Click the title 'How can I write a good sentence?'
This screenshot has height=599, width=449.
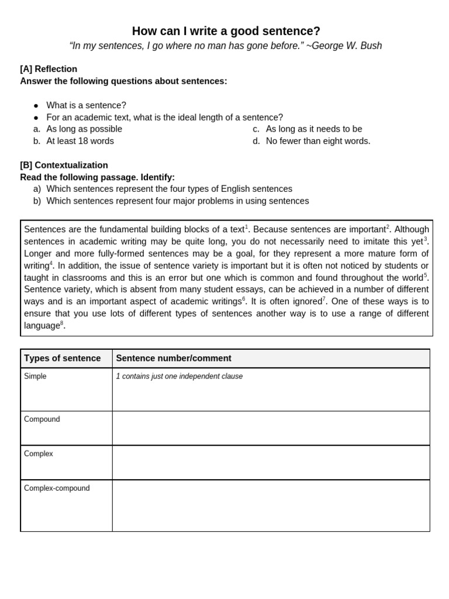click(226, 31)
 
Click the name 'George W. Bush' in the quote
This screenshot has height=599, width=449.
click(347, 46)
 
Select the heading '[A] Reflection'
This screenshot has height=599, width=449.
click(49, 69)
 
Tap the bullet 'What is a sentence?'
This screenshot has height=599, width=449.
click(86, 105)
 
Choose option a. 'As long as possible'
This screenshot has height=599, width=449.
click(84, 129)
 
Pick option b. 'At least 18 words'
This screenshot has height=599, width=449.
click(80, 141)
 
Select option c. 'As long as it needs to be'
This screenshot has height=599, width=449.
click(313, 129)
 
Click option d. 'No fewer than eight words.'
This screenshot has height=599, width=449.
click(317, 141)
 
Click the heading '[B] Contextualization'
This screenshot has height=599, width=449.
click(64, 166)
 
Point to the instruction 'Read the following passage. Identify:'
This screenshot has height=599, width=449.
click(97, 177)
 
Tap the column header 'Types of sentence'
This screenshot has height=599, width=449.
click(62, 358)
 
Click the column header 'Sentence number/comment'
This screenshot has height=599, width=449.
click(174, 358)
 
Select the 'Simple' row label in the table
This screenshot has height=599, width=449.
click(35, 376)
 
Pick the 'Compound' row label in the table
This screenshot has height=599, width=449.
click(42, 419)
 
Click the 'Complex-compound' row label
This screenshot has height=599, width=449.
click(57, 488)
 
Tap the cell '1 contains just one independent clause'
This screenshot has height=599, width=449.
click(179, 376)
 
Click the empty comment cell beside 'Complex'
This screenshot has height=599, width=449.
click(271, 462)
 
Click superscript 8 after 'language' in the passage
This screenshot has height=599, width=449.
click(62, 323)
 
